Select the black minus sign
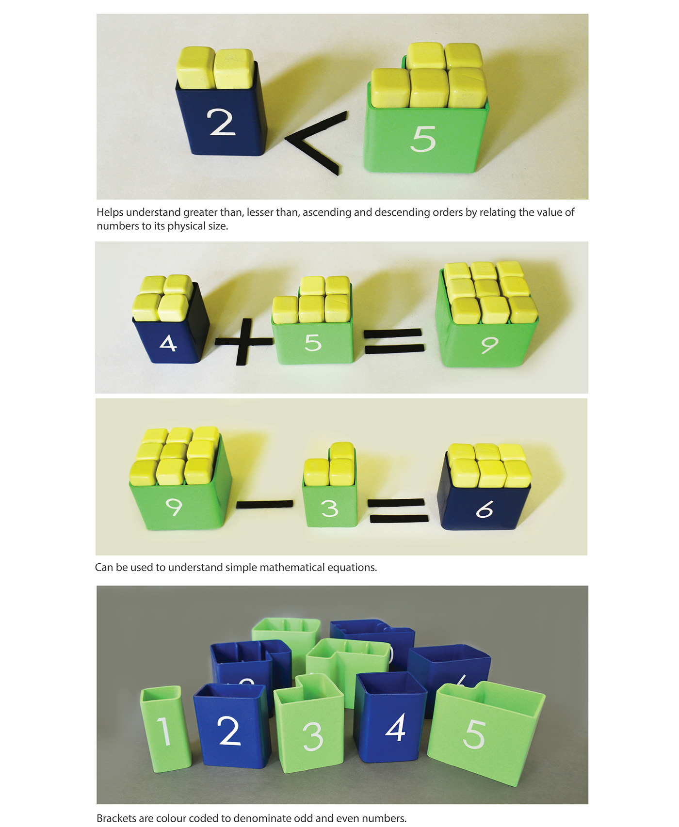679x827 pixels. pyautogui.click(x=265, y=504)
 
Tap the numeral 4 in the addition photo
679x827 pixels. pyautogui.click(x=168, y=343)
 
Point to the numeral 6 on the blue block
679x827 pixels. pyautogui.click(x=484, y=509)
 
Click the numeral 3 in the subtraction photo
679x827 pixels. pyautogui.click(x=329, y=508)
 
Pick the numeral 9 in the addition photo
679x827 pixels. pyautogui.click(x=489, y=345)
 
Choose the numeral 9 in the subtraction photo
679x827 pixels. pyautogui.click(x=174, y=507)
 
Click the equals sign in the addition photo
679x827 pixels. pyautogui.click(x=394, y=341)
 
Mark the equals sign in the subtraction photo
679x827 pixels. pyautogui.click(x=398, y=511)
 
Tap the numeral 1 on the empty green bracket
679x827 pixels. pyautogui.click(x=164, y=731)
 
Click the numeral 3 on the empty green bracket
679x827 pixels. pyautogui.click(x=313, y=736)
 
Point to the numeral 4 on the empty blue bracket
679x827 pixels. pyautogui.click(x=395, y=728)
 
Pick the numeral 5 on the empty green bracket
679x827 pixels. pyautogui.click(x=474, y=734)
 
